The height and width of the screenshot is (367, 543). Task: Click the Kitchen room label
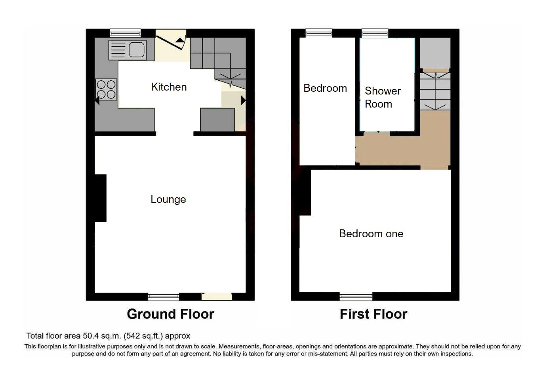(169, 87)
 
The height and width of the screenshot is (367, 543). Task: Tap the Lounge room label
(168, 199)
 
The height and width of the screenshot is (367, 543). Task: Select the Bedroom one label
(371, 234)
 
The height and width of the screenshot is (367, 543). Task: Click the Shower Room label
(382, 97)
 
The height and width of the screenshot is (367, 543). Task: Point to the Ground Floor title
(170, 314)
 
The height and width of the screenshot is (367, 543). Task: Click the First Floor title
(373, 314)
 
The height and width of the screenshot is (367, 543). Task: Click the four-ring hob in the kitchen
(106, 89)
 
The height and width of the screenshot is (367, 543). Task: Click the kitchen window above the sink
(125, 33)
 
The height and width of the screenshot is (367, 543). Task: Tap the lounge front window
(163, 297)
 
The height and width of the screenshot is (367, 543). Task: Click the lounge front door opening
(217, 296)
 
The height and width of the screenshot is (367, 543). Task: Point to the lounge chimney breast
(101, 198)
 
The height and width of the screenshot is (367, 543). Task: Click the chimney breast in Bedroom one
(305, 193)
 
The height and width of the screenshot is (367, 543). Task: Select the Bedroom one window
(356, 297)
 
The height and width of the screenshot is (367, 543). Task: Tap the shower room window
(375, 33)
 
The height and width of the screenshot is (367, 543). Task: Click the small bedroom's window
(318, 33)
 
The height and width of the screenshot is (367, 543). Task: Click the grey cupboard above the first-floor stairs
(435, 53)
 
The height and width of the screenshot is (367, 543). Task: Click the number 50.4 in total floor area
(91, 336)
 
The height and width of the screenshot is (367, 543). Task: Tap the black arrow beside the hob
(97, 101)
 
